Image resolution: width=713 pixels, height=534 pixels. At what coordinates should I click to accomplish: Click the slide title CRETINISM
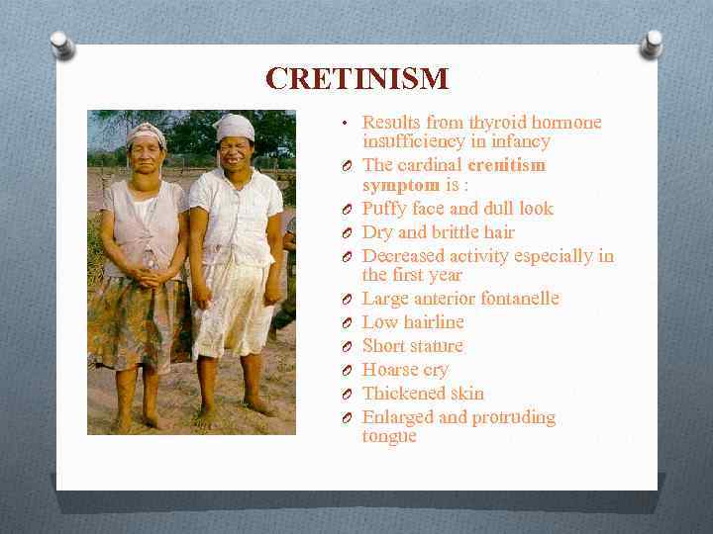coord(356,78)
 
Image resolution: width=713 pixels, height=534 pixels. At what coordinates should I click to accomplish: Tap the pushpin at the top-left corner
coord(62,44)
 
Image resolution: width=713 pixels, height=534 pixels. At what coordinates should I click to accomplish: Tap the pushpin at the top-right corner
coord(652,43)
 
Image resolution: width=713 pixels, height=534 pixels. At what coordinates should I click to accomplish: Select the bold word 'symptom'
coord(400,185)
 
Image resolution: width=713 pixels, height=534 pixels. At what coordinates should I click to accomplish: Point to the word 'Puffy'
coord(384,209)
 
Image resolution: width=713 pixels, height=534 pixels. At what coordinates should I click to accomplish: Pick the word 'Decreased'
coord(404,256)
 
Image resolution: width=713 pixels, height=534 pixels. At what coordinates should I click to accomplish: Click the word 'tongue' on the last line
coord(389,436)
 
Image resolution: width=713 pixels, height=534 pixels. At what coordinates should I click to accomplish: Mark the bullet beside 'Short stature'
coord(343,347)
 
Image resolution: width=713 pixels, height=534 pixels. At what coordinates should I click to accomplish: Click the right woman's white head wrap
coord(236,127)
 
